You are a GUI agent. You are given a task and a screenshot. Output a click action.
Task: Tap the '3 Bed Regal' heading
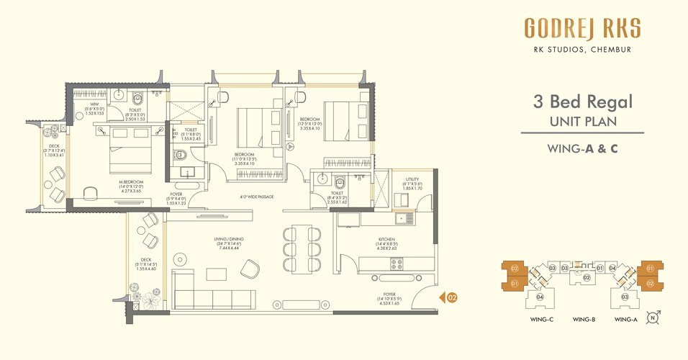[581, 101]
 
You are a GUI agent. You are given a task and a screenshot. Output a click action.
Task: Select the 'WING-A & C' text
[582, 150]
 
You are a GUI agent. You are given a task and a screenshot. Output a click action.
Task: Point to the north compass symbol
[653, 317]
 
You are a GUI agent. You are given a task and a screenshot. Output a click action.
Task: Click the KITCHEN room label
[386, 239]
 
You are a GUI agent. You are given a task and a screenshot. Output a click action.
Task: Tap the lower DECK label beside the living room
[146, 260]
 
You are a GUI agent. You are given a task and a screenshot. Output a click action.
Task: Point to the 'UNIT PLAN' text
[582, 121]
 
